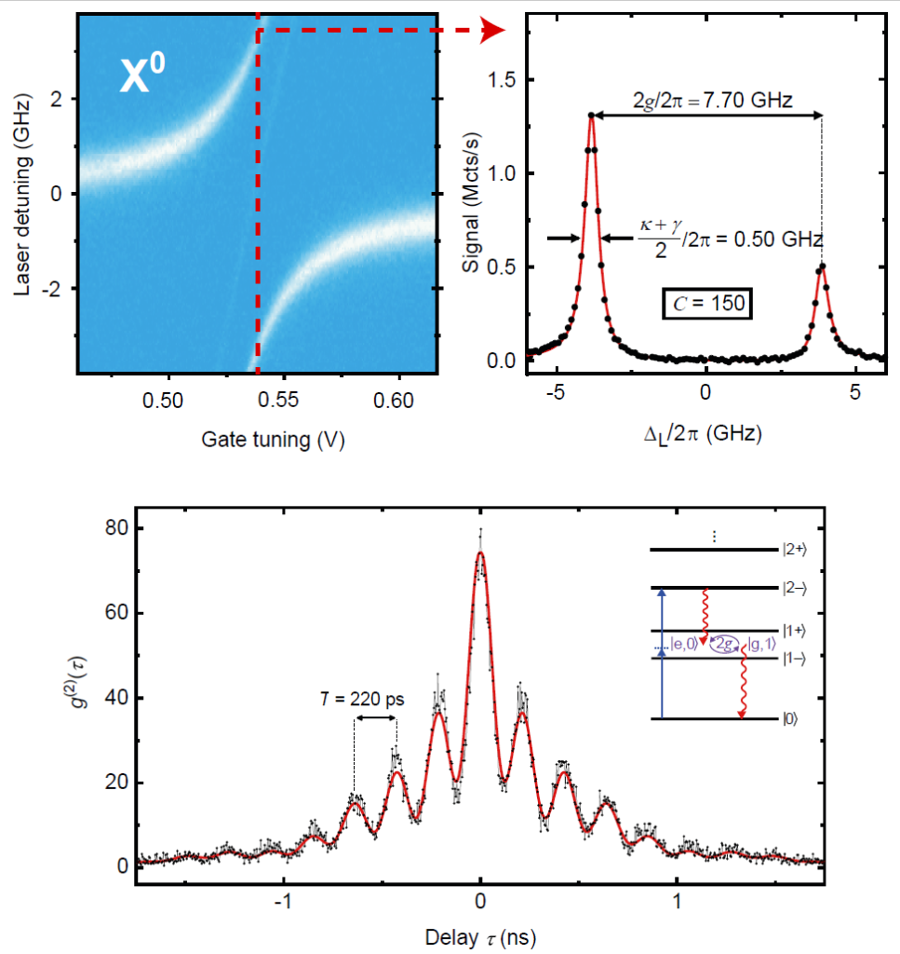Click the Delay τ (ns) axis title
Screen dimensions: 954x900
click(479, 934)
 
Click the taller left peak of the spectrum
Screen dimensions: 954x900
click(591, 116)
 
